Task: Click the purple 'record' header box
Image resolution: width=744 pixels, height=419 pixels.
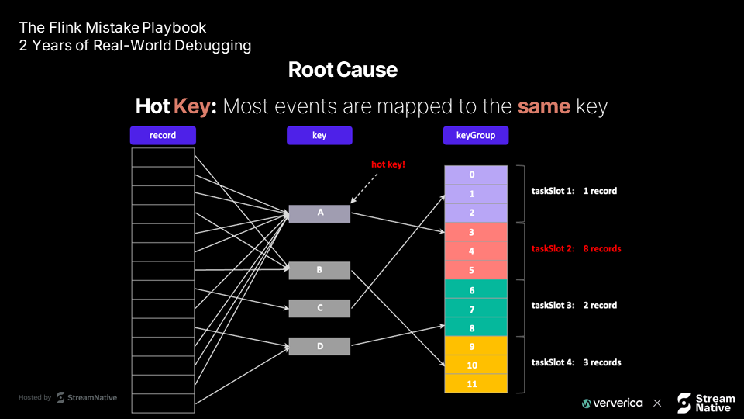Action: coord(163,135)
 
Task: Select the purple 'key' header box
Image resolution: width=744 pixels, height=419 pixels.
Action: coord(319,135)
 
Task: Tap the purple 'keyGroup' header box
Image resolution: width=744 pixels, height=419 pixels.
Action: coord(476,135)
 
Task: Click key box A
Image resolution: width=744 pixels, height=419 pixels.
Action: coord(319,214)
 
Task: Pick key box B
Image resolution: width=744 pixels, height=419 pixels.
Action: coord(319,270)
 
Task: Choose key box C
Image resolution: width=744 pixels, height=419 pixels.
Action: coord(319,308)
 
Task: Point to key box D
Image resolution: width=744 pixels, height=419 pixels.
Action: coord(319,346)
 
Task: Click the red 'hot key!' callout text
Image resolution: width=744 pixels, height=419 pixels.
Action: coord(388,164)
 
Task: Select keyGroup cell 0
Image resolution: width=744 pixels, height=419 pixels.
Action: coord(476,175)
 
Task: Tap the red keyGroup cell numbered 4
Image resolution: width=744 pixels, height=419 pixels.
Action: coord(476,251)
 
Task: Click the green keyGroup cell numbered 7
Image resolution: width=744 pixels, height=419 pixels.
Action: coord(476,309)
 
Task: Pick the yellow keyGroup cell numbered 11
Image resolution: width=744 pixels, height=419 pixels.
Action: coord(476,384)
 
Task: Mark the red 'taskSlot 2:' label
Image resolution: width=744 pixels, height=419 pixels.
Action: coord(553,248)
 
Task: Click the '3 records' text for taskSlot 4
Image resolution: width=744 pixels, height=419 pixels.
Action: coord(602,362)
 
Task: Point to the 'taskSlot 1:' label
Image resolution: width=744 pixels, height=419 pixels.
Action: coord(553,191)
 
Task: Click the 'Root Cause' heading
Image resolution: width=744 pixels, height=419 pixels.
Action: coord(343,70)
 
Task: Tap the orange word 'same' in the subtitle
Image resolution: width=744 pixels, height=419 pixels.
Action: coord(544,106)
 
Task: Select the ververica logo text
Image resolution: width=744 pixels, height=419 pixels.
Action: coord(618,403)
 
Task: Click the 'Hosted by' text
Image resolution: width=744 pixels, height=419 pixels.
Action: coord(35,397)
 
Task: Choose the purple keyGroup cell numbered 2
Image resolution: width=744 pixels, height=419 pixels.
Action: coord(476,213)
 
